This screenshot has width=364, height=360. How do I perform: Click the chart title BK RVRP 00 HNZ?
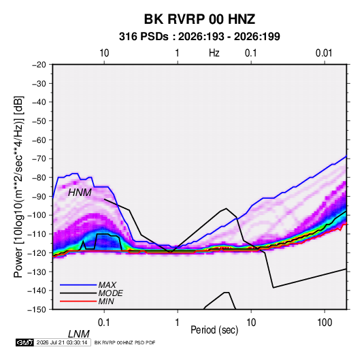199,19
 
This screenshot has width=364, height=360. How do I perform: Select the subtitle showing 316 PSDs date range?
199,37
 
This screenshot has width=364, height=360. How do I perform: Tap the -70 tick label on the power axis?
39,159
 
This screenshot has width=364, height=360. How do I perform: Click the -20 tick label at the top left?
39,65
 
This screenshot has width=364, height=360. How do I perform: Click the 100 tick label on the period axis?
325,323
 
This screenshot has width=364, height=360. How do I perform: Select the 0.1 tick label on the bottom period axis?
104,323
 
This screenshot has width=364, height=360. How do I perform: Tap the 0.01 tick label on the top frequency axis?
324,53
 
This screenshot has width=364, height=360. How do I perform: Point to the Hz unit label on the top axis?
214,53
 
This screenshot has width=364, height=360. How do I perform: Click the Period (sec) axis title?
214,330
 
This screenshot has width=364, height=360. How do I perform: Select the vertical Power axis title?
18,186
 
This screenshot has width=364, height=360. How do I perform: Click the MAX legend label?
107,284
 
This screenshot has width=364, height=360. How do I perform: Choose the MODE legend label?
110,293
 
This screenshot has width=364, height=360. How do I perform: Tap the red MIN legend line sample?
78,301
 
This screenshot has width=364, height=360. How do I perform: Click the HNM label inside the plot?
80,193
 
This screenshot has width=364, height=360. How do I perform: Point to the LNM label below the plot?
78,334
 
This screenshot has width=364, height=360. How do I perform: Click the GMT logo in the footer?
24,342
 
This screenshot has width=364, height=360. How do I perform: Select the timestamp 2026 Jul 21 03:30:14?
62,342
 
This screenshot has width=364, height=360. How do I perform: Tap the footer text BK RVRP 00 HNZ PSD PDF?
125,342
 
